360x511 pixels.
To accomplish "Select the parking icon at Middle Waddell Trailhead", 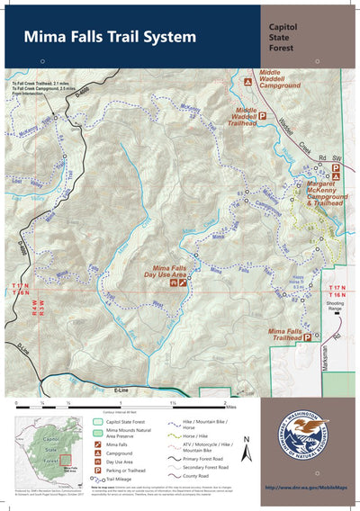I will [265, 115].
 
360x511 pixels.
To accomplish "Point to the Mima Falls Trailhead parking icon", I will [306, 337].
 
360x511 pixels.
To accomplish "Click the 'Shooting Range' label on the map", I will [335, 307].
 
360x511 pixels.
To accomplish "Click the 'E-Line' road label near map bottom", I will [121, 390].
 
